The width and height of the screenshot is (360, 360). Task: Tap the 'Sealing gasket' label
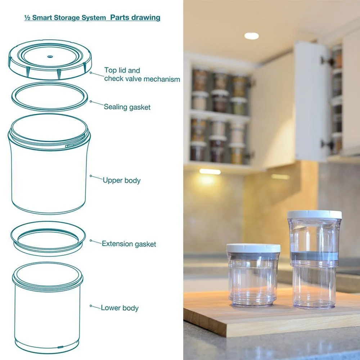pos(127,107)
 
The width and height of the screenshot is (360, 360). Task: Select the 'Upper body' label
pos(122,180)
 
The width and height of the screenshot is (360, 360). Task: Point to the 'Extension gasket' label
pos(129,244)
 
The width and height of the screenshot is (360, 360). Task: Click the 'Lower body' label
pos(120,308)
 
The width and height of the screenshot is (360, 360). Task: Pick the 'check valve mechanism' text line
pos(142,79)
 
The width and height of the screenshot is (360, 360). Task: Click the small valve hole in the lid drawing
pos(50,56)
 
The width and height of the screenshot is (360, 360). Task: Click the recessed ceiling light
pos(251,36)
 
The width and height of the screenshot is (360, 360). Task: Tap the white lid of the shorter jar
pos(253,248)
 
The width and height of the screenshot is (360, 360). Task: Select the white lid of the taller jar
pos(314,215)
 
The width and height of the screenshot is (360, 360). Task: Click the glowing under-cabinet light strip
pos(210,172)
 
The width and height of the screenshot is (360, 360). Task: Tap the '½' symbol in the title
pos(27,18)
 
